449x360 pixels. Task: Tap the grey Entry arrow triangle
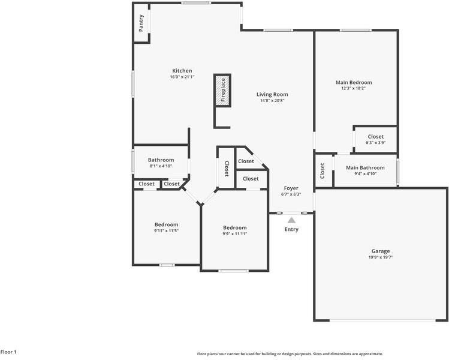pos(291,220)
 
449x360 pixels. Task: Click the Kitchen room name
pos(182,71)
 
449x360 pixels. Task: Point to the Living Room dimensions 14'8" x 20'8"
pos(272,101)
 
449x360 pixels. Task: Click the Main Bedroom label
pos(353,82)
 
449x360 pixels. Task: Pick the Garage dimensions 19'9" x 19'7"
pos(380,257)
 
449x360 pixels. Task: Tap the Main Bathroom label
pos(365,168)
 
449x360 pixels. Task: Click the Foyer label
pos(291,188)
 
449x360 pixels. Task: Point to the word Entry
pos(291,229)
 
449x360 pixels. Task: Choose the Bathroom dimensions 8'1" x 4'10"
pos(161,166)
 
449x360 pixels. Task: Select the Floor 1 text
pos(8,352)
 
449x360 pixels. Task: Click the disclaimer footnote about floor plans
pos(290,354)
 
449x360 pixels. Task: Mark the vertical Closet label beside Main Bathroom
pos(323,171)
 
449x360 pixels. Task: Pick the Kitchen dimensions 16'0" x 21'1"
pos(182,77)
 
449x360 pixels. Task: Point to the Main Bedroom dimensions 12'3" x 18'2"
pos(353,88)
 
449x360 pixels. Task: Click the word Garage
pos(380,251)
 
